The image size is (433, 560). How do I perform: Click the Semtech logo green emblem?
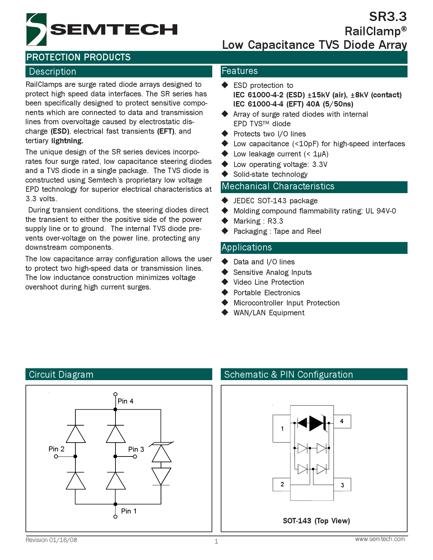[36, 30]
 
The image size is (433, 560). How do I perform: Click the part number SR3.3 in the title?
[387, 17]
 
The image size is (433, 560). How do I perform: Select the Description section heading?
[53, 72]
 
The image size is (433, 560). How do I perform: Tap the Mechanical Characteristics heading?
[278, 186]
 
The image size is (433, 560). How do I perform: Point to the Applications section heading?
[247, 247]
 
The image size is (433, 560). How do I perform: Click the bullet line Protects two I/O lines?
[269, 134]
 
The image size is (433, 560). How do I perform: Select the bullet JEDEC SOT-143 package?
[275, 201]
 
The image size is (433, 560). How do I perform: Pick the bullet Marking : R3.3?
[258, 221]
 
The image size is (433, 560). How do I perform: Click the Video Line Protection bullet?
[268, 282]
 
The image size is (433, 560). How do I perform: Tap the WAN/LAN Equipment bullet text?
[269, 313]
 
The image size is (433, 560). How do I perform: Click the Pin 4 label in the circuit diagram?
[125, 401]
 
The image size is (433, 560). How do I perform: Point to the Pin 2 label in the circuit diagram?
[56, 449]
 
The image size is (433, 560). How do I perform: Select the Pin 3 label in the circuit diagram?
[136, 449]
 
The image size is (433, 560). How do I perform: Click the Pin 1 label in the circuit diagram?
[129, 511]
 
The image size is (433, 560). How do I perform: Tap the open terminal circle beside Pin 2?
[56, 456]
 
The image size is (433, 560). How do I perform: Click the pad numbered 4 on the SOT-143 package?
[342, 421]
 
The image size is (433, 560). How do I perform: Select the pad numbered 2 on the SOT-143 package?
[282, 484]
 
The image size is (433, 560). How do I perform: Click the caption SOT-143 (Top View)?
[316, 521]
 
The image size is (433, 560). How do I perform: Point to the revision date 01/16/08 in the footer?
[63, 540]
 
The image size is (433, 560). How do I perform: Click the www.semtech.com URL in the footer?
[380, 539]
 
